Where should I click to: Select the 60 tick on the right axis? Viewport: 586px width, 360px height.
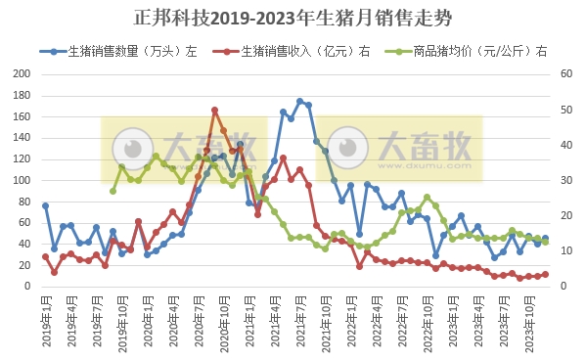tap(564, 74)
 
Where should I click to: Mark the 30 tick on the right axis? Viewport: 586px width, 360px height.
tap(564, 181)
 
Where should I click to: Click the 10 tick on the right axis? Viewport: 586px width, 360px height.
tap(564, 251)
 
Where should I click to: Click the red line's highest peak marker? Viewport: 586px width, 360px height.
tap(214, 111)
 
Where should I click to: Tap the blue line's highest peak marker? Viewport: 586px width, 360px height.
tap(300, 101)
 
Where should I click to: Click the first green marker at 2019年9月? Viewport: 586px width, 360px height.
tap(113, 191)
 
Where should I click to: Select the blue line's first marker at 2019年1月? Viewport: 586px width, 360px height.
tap(45, 205)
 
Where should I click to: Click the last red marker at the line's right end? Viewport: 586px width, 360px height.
tap(546, 274)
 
